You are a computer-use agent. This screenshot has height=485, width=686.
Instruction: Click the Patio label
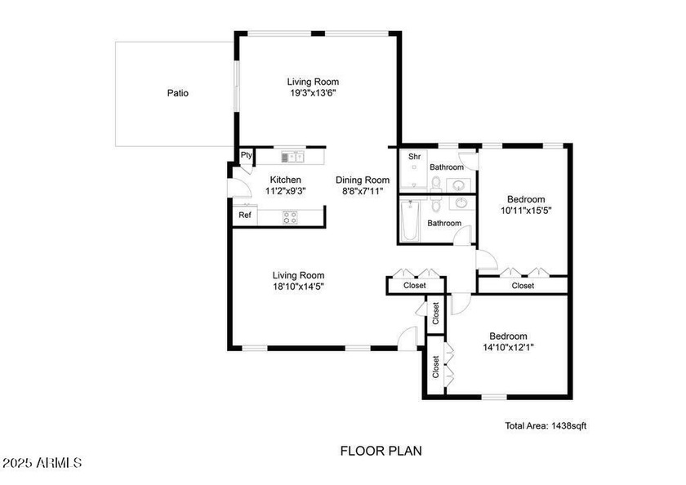point(178,93)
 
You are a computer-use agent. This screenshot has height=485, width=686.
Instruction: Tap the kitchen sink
point(292,157)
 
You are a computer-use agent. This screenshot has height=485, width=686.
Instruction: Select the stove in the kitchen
point(290,216)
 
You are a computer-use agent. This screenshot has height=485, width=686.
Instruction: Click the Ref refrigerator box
point(244,216)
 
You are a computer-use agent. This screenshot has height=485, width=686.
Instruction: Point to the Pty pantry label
point(246,155)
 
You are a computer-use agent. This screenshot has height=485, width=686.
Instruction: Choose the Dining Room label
point(363,180)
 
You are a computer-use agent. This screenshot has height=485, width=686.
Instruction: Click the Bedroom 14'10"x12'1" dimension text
point(508,347)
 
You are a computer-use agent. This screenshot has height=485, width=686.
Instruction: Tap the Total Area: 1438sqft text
point(546,425)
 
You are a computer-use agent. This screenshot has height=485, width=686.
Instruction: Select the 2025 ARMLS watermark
point(42,463)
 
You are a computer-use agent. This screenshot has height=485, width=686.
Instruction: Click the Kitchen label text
point(285,180)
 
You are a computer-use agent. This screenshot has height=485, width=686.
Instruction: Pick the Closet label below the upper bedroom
point(523,286)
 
